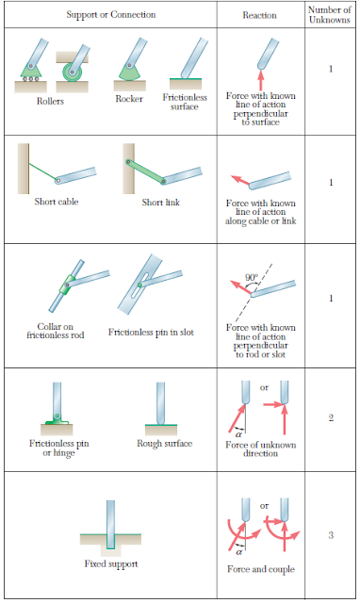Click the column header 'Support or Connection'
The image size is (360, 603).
coord(110,15)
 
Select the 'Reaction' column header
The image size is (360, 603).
coord(259,15)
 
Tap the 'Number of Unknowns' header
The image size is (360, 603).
coord(330,15)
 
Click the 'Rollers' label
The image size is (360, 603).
coord(51,101)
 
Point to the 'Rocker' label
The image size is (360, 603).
coord(129,98)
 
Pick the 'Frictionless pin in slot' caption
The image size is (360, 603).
coord(153,332)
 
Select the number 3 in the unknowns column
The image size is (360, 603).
coord(330,535)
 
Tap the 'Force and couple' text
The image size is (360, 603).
coord(260,569)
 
